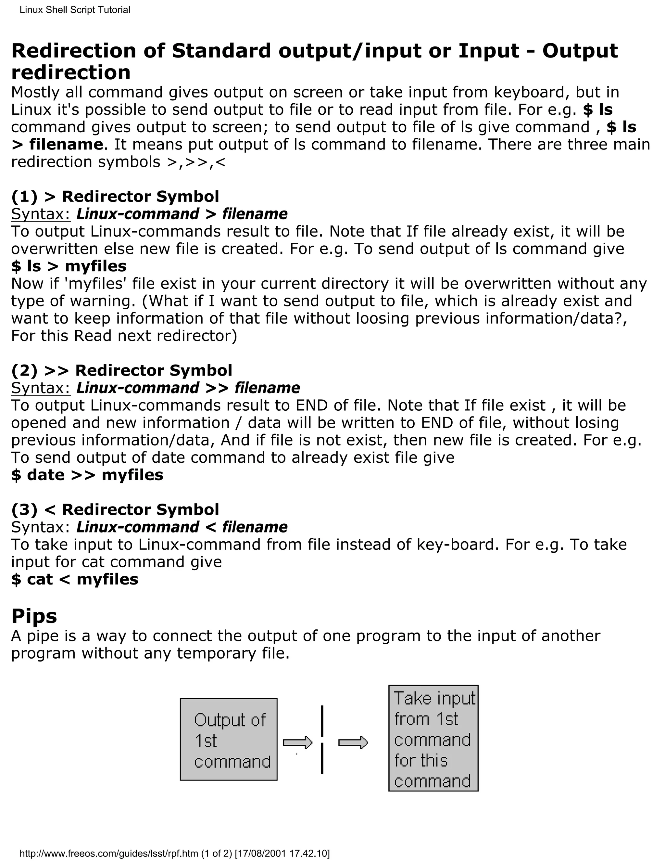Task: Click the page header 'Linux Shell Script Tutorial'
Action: (x=75, y=10)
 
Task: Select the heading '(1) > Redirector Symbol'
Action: (x=115, y=196)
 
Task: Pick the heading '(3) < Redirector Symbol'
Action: (x=115, y=509)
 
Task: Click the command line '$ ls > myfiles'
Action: (x=69, y=266)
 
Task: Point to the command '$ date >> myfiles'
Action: (x=87, y=475)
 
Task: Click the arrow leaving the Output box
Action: (x=297, y=743)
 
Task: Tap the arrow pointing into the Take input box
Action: (x=353, y=743)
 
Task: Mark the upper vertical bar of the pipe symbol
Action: (x=322, y=721)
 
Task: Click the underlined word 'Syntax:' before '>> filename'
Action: (x=41, y=388)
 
